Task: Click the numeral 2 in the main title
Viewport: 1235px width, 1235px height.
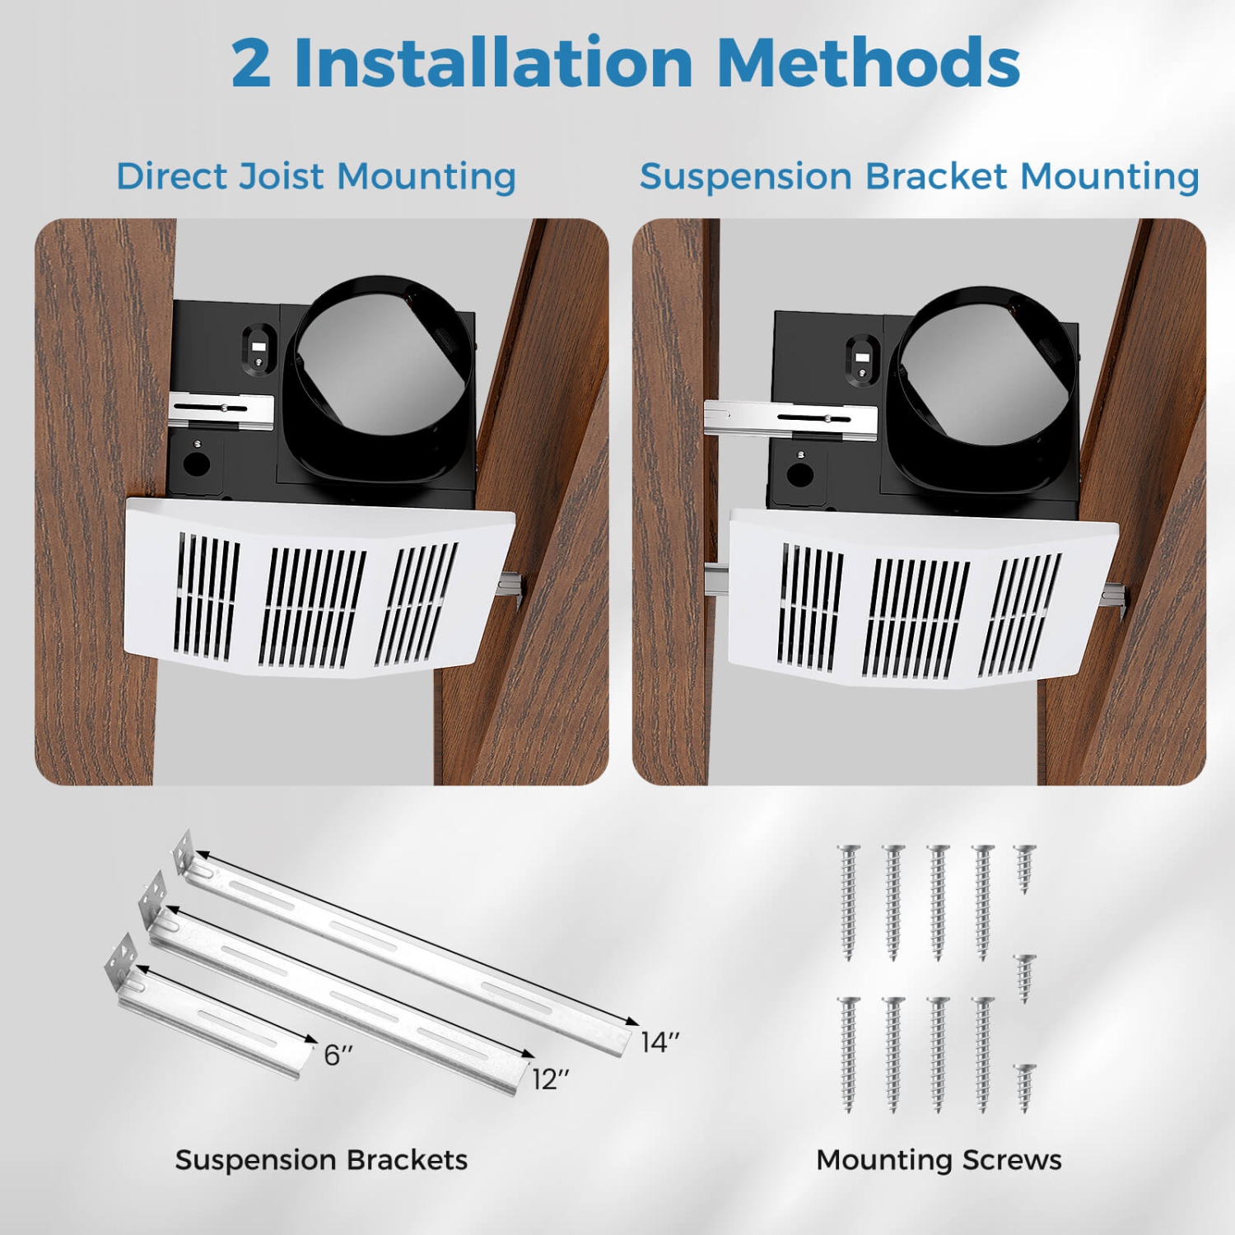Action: tap(250, 63)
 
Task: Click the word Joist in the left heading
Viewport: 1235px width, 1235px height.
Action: tap(282, 177)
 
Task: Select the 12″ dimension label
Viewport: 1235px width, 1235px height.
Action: tap(550, 1079)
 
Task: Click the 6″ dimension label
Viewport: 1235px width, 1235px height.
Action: tap(338, 1055)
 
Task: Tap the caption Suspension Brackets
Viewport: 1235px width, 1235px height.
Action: tap(321, 1160)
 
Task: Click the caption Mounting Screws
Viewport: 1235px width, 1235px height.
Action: tap(939, 1160)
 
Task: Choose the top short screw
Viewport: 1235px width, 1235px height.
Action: tap(1024, 868)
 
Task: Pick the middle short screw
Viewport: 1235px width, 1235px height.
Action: tap(1024, 977)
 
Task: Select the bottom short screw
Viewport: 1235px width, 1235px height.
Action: tap(1024, 1087)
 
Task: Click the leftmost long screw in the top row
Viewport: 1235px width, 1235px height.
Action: tap(849, 902)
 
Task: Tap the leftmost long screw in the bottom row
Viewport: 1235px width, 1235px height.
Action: tap(849, 1055)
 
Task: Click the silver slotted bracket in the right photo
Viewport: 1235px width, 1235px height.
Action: tap(790, 417)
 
